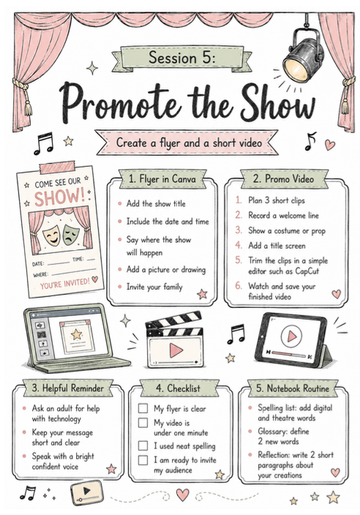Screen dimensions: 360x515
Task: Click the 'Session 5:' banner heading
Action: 182,58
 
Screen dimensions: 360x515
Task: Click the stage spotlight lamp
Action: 303,55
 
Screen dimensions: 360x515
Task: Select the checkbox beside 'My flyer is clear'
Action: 143,408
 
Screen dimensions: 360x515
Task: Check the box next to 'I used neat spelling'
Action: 143,446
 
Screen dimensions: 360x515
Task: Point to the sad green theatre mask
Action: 70,234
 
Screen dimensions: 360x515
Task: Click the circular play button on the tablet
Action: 291,337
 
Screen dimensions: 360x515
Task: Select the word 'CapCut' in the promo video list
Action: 307,271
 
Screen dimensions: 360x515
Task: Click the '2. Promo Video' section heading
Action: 283,179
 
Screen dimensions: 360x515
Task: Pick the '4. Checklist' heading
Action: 178,388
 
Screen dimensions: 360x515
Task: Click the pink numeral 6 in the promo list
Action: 239,285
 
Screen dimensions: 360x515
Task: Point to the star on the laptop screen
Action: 77,334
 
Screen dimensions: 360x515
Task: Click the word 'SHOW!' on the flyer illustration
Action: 60,197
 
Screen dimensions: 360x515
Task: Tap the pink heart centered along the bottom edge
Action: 183,495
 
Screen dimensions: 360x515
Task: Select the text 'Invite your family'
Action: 154,287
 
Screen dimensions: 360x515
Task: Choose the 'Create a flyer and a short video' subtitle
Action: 190,143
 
